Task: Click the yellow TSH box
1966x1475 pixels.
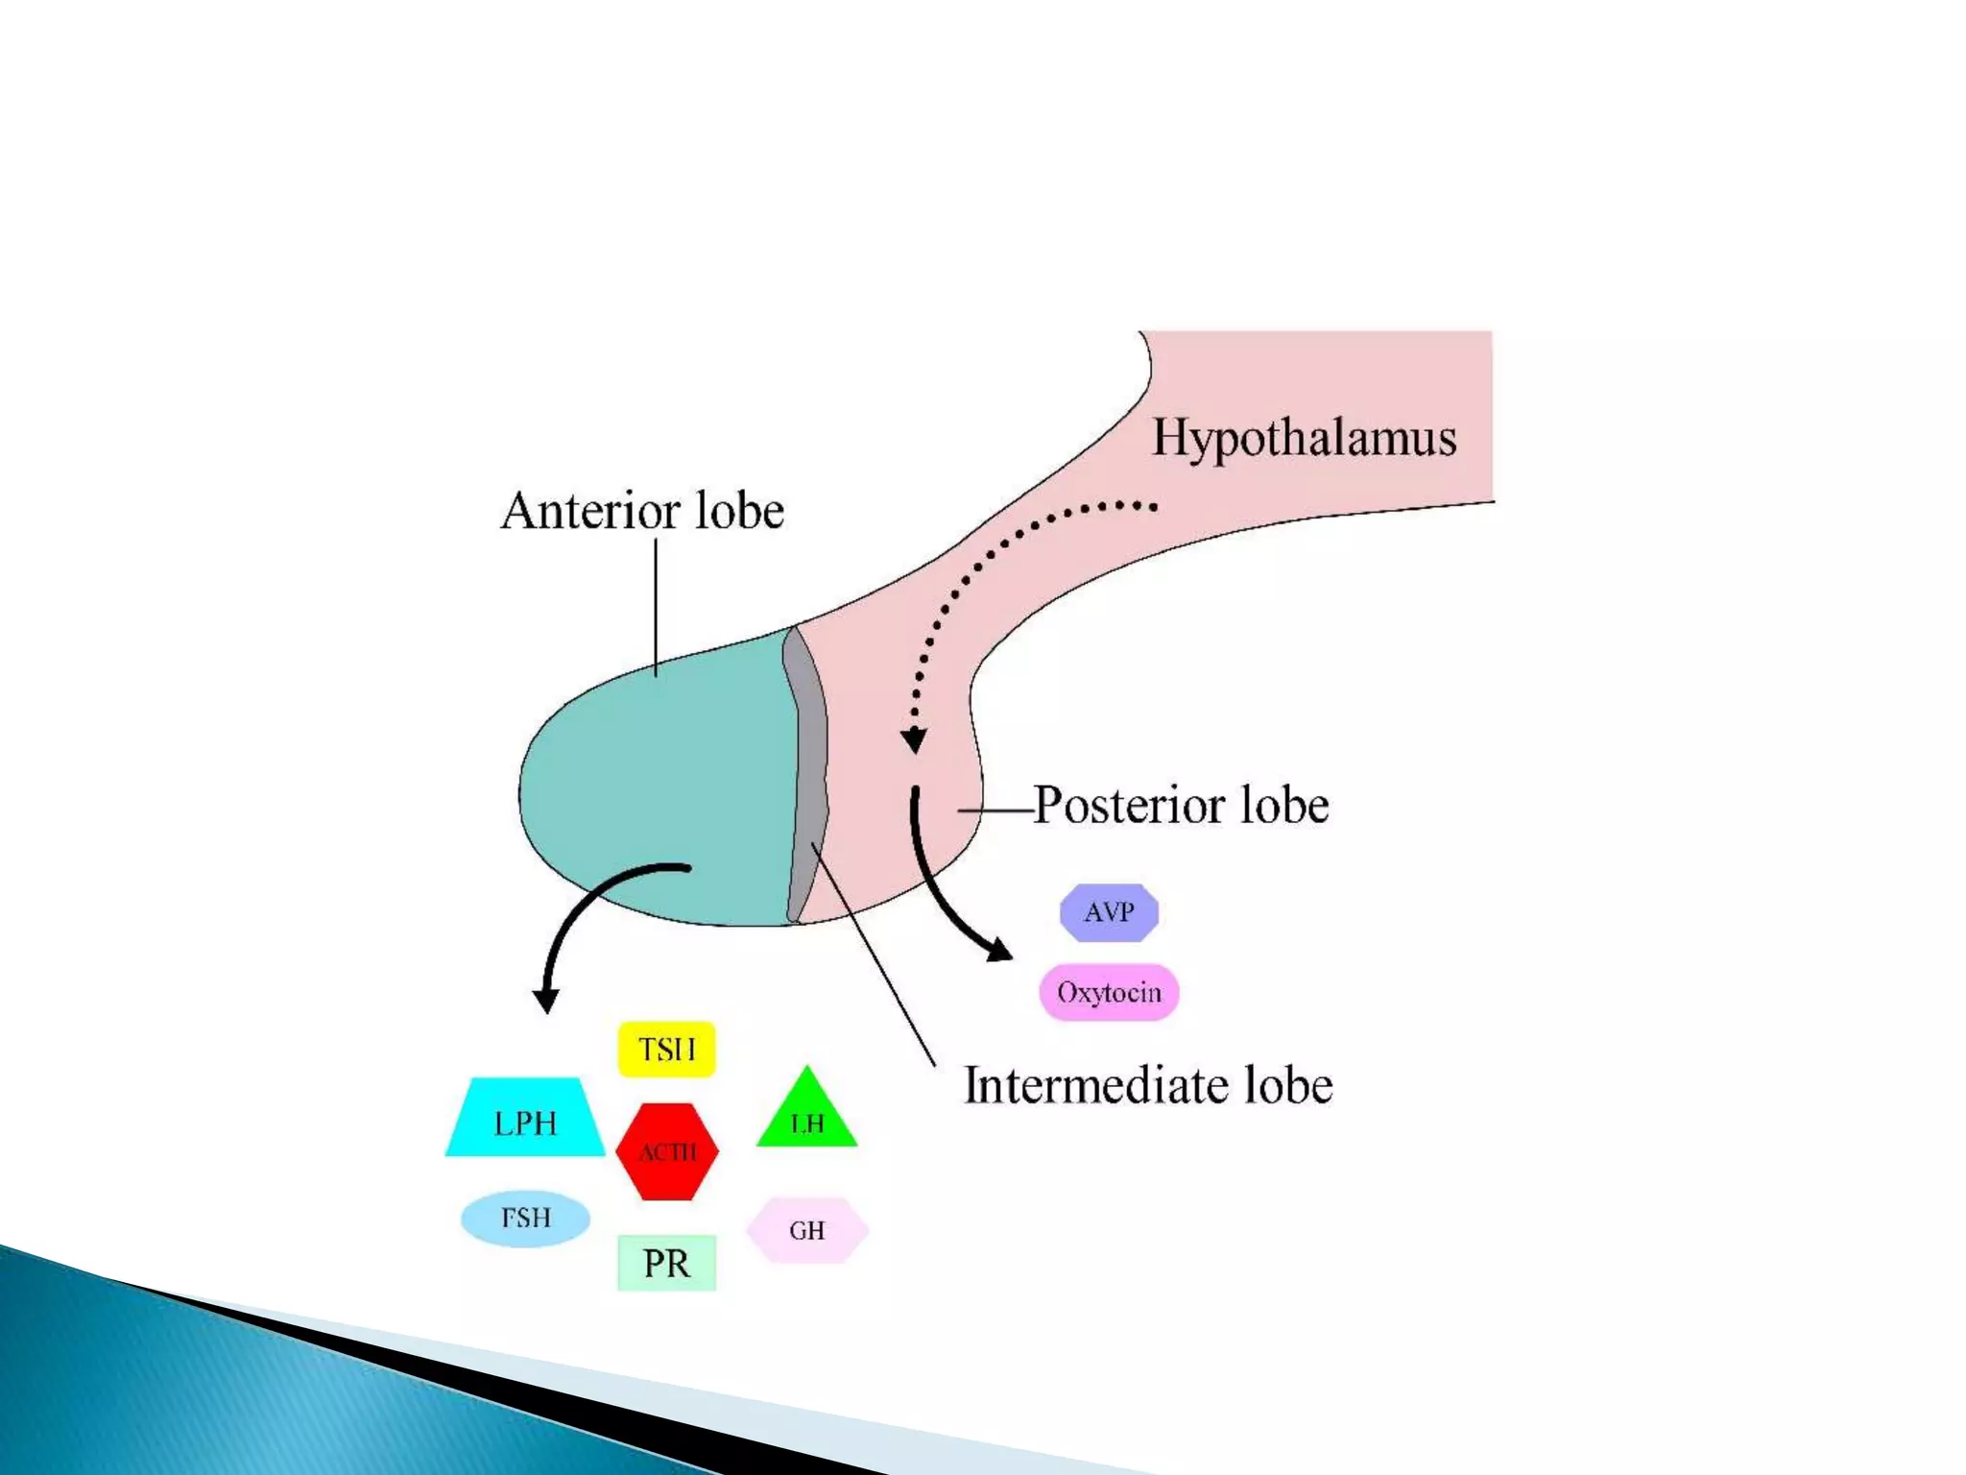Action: pyautogui.click(x=666, y=1049)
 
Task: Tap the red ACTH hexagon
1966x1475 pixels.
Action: pyautogui.click(x=667, y=1150)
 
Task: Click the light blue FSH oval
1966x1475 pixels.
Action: pyautogui.click(x=525, y=1218)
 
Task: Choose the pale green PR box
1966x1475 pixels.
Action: pyautogui.click(x=666, y=1262)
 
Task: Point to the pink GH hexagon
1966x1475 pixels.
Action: pyautogui.click(x=807, y=1230)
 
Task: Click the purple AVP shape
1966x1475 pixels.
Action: pyautogui.click(x=1109, y=911)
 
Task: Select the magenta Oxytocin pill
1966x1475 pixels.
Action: pyautogui.click(x=1109, y=992)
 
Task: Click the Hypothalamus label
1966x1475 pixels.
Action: pyautogui.click(x=1304, y=438)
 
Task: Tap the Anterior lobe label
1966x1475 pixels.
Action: pyautogui.click(x=642, y=510)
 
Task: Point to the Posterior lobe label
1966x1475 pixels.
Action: pyautogui.click(x=1181, y=805)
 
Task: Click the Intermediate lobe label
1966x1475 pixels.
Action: pyautogui.click(x=1148, y=1085)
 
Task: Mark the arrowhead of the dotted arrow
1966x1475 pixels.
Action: pyautogui.click(x=914, y=740)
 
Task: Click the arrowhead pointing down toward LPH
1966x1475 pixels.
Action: pyautogui.click(x=546, y=1001)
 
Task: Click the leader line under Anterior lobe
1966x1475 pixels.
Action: pyautogui.click(x=656, y=605)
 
